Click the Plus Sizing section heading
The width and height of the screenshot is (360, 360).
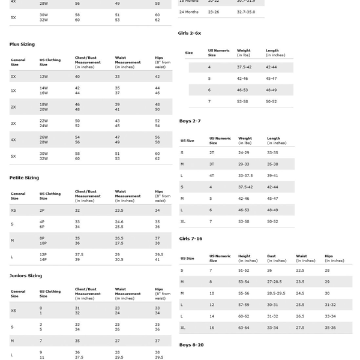pos(22,44)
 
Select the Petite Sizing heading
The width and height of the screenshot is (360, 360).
pos(24,178)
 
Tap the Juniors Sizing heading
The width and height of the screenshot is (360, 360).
pos(26,275)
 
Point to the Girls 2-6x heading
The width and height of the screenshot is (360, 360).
pos(190,33)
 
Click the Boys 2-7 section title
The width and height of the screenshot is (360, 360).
pos(190,121)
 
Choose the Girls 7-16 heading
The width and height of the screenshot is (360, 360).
pos(191,239)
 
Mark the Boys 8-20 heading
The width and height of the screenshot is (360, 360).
pos(191,345)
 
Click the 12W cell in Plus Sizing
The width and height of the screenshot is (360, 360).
pos(44,77)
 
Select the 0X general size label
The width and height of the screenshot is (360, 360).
pos(13,77)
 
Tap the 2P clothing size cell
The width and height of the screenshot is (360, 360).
pos(42,211)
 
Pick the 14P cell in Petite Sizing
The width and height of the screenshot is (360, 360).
pos(43,259)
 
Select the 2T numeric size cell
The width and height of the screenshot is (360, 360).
pos(212,153)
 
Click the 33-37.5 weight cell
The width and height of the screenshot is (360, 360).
pos(246,176)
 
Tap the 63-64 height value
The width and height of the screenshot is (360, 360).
pos(244,328)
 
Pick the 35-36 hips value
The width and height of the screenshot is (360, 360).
pos(331,328)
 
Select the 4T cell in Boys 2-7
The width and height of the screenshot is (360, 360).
pos(212,176)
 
